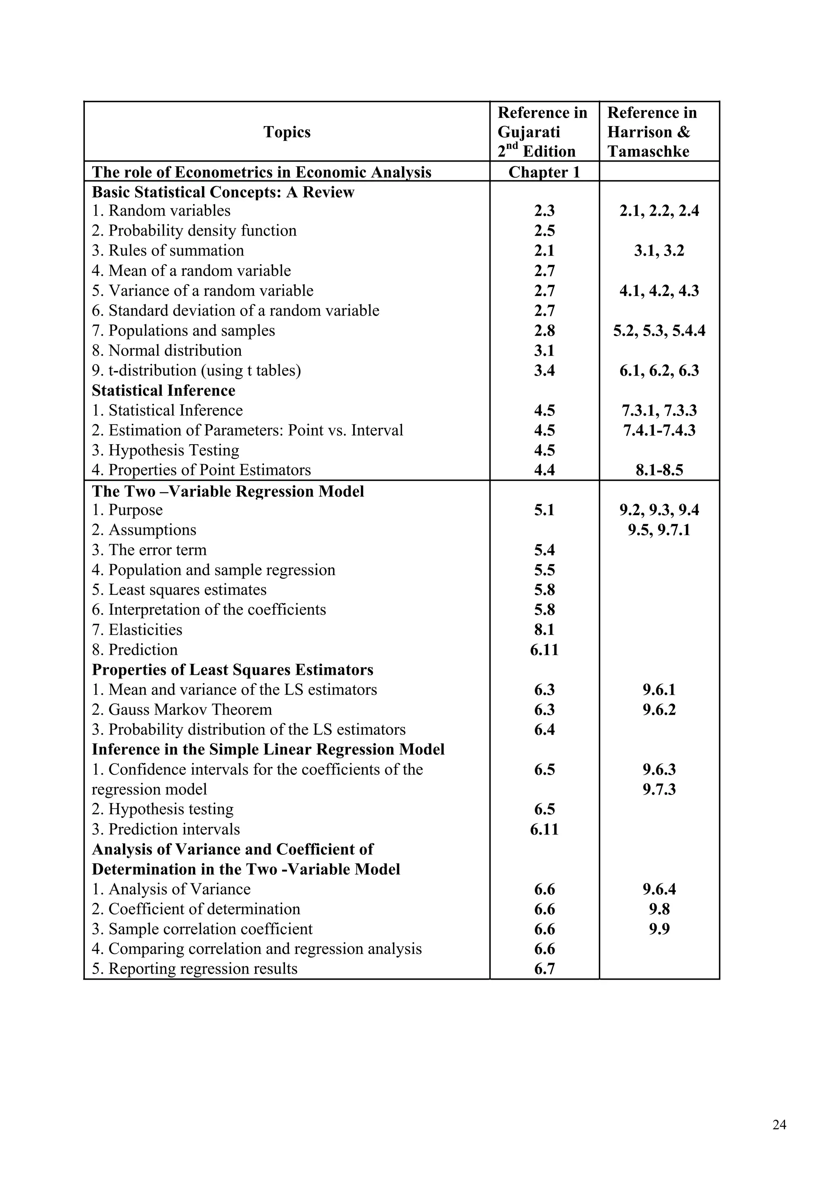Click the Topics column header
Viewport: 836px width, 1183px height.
[287, 132]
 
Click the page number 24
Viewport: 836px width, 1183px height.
[779, 1125]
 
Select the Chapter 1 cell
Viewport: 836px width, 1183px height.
[544, 172]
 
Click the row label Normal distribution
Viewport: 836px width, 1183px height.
[175, 351]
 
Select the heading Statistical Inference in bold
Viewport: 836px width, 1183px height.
[163, 391]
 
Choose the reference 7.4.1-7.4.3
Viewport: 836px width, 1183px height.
[659, 430]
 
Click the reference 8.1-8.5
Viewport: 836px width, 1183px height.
[659, 470]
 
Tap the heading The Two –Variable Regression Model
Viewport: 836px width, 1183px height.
[228, 491]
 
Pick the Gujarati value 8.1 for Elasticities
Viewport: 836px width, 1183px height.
[544, 629]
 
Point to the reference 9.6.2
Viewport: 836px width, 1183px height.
[659, 709]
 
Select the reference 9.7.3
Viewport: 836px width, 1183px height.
[659, 789]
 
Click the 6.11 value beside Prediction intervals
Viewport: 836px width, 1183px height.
[544, 829]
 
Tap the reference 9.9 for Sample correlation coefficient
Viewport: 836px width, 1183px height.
[659, 929]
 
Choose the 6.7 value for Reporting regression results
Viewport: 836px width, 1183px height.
[544, 969]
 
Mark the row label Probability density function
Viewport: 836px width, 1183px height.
[202, 231]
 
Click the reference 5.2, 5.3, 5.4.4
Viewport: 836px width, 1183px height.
[659, 331]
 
